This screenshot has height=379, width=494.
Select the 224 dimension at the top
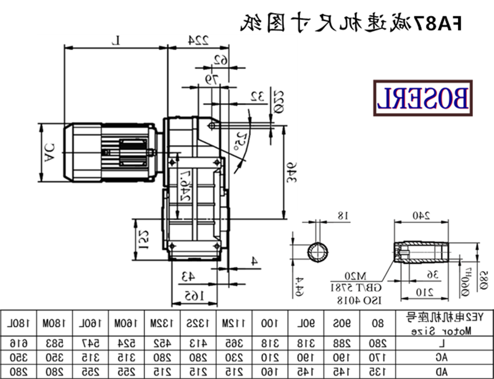197,40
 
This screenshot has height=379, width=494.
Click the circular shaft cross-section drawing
319,252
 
